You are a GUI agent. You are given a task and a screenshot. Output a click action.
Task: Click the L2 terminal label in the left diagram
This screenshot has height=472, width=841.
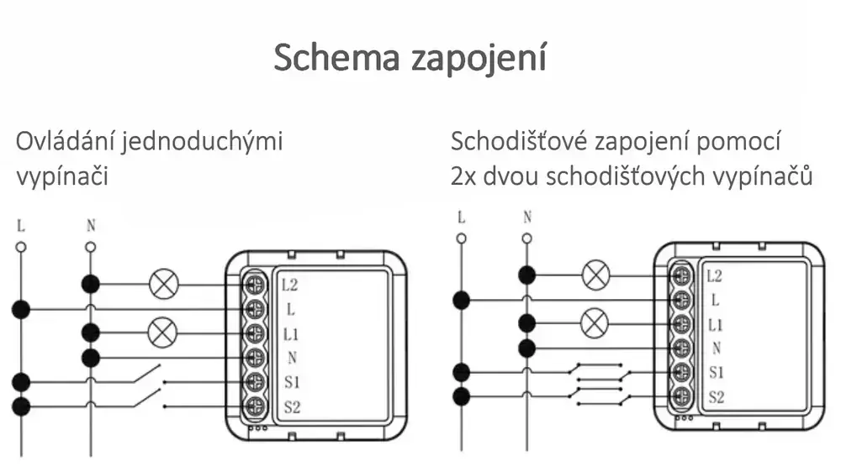(290, 285)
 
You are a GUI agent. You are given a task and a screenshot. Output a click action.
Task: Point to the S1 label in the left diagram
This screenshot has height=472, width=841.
(291, 382)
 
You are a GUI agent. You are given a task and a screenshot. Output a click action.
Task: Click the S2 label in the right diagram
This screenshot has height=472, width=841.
(715, 396)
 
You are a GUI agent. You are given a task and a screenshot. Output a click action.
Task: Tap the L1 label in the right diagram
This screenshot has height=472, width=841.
(715, 324)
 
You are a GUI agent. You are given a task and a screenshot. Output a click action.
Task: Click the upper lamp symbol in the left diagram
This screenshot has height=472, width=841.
(161, 285)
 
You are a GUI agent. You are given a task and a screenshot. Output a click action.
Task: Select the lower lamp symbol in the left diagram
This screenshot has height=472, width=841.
(161, 333)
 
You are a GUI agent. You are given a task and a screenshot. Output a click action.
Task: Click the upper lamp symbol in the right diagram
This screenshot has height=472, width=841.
(596, 274)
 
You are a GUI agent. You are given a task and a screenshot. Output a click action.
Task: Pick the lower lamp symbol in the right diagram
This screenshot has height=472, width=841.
(596, 322)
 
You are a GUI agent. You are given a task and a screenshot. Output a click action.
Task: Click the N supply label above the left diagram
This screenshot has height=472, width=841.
(91, 225)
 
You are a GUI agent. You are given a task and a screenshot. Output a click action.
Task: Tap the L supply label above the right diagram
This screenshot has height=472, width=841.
(461, 218)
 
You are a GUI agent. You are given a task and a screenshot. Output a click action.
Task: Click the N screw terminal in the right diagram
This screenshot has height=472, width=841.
(681, 349)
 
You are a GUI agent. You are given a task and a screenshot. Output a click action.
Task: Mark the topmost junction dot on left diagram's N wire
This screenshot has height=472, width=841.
(91, 284)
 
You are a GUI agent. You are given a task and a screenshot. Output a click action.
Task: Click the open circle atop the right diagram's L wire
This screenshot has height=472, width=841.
(461, 239)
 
